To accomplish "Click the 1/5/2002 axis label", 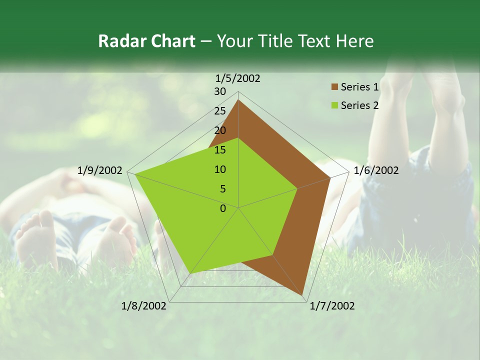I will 238,78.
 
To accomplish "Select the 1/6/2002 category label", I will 376,170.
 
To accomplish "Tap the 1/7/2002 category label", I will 332,306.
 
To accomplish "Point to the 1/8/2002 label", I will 144,306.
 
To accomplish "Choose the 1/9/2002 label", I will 100,170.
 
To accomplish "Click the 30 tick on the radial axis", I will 220,91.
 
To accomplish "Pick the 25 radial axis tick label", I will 220,111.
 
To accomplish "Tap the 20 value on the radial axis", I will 220,130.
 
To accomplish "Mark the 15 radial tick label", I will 220,150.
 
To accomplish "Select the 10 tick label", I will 220,169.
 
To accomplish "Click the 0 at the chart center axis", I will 223,208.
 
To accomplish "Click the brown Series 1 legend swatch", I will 334,87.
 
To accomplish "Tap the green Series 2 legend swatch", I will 334,105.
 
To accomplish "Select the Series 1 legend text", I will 359,87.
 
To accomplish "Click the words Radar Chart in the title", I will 146,41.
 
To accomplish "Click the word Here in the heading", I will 355,41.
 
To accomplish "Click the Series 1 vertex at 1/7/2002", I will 303,295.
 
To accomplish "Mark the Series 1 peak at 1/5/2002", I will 238,100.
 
